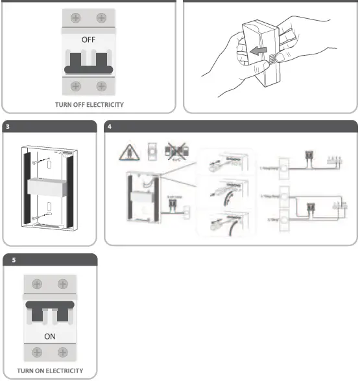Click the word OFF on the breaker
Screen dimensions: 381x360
[x=88, y=40]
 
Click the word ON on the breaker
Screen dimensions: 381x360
[x=49, y=336]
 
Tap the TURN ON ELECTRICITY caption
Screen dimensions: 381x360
[x=50, y=371]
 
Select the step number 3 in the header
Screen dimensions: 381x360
[x=7, y=126]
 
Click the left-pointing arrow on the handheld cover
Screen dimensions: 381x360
[x=258, y=49]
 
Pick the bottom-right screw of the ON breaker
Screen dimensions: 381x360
[x=63, y=352]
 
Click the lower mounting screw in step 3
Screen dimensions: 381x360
[x=35, y=218]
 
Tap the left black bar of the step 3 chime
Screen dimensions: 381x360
[x=25, y=188]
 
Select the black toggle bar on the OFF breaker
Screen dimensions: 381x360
[x=88, y=69]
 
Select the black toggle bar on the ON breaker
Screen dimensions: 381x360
[x=50, y=306]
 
